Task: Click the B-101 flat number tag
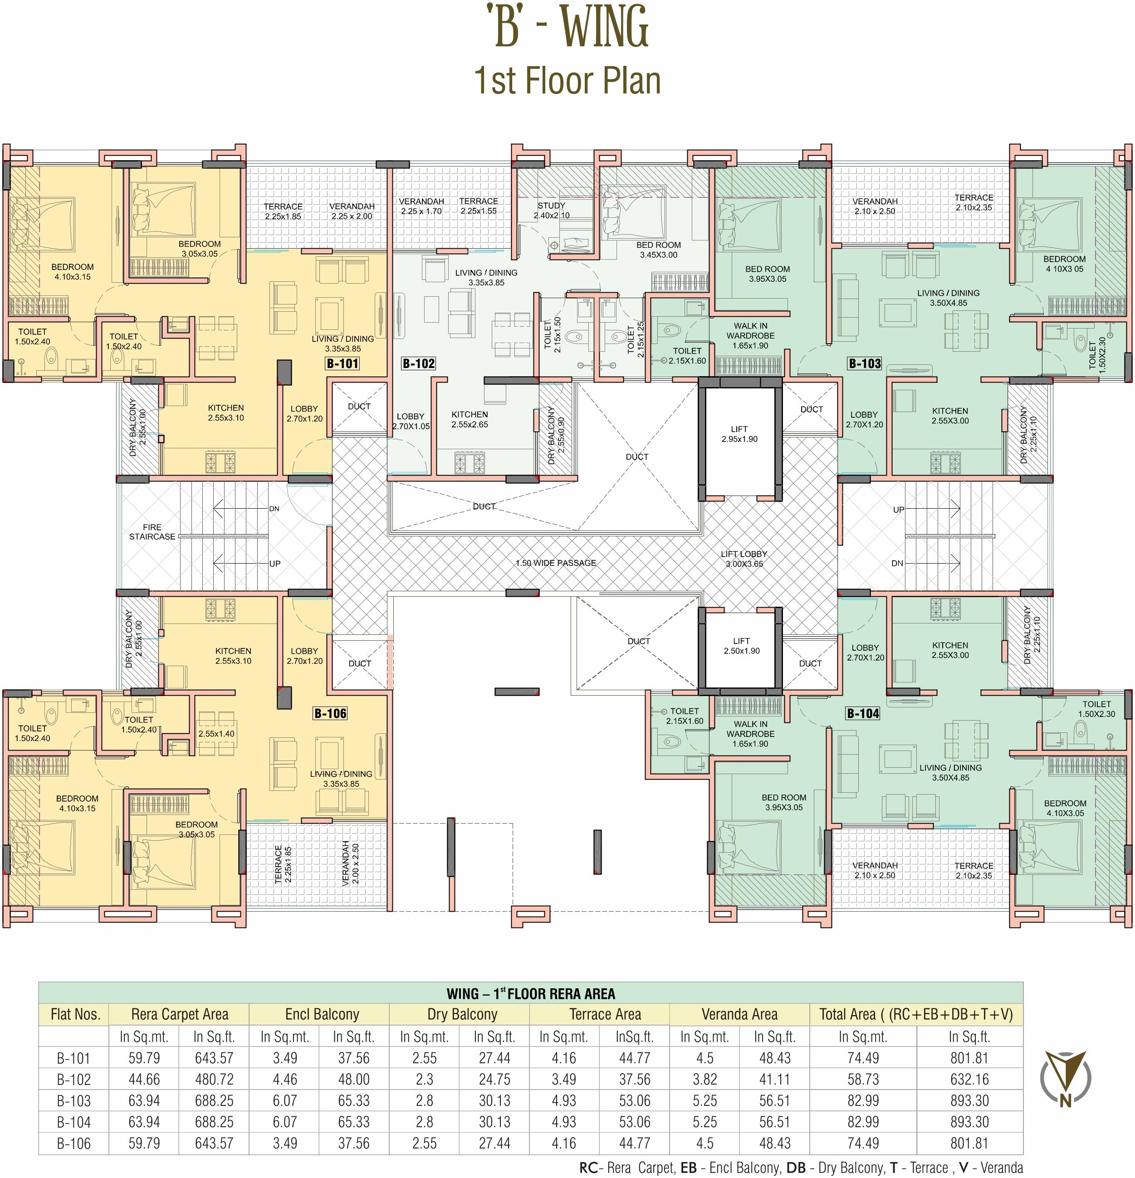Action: tap(342, 363)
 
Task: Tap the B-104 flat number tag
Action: tap(863, 713)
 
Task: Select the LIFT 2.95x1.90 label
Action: tap(739, 434)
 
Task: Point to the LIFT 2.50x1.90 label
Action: tap(741, 646)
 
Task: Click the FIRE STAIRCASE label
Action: tap(152, 532)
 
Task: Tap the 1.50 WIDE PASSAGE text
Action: tap(555, 563)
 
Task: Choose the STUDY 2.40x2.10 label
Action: tap(552, 211)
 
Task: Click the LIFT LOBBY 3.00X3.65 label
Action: tap(744, 559)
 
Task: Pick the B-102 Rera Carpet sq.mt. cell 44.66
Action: tap(144, 1080)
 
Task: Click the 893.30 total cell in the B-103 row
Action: tap(969, 1100)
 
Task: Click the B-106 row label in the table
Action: tap(73, 1143)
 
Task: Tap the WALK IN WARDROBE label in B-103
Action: tap(750, 335)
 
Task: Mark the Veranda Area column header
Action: tap(739, 1015)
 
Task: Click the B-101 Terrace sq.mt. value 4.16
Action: tap(563, 1058)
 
